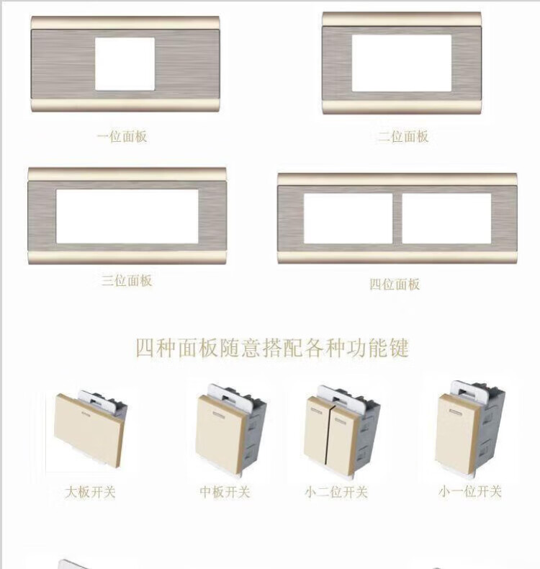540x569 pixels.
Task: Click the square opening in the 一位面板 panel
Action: click(x=125, y=64)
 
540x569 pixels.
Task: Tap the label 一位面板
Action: click(x=122, y=136)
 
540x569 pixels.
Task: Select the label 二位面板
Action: click(x=403, y=137)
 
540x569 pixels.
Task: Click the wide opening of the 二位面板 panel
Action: click(x=402, y=63)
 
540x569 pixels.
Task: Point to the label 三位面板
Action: click(x=127, y=280)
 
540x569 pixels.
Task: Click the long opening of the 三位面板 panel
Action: click(x=127, y=216)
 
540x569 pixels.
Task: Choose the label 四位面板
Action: click(x=395, y=284)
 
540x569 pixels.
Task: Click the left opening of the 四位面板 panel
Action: click(x=348, y=218)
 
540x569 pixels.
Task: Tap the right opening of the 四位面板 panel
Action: click(x=447, y=218)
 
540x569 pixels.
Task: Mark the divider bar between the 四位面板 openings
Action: click(x=397, y=218)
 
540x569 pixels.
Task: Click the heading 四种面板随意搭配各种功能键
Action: click(x=272, y=348)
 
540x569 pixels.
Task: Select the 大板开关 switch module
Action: click(x=90, y=429)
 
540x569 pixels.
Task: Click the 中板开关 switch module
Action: click(x=230, y=431)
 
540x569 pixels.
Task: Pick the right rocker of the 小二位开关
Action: click(x=343, y=440)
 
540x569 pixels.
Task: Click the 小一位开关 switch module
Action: click(x=469, y=430)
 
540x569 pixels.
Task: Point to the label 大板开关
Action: click(x=90, y=492)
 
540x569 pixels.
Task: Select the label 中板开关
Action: click(x=225, y=492)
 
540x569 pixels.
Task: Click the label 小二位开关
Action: click(x=336, y=492)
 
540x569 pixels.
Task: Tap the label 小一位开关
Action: click(x=470, y=491)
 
